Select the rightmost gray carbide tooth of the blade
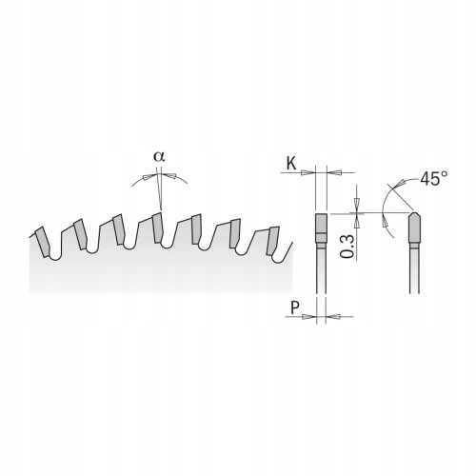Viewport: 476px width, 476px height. (x=275, y=238)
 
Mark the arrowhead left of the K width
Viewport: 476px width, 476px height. (x=309, y=173)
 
